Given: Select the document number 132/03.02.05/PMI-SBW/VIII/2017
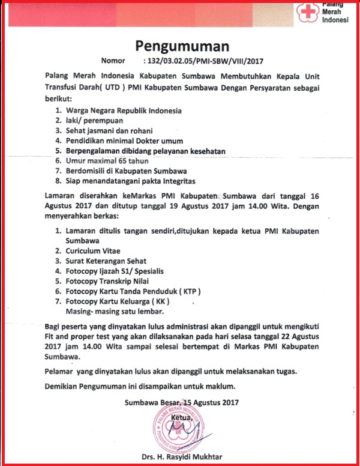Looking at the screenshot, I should (x=204, y=61).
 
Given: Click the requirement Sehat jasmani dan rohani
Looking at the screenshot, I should (x=110, y=131).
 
